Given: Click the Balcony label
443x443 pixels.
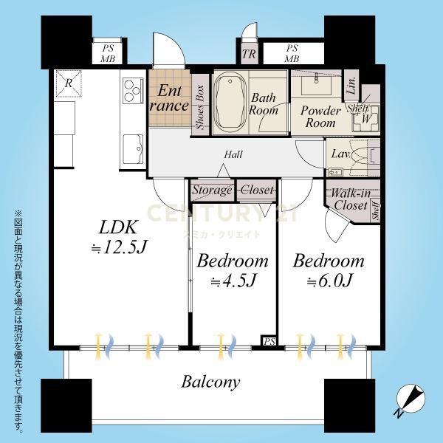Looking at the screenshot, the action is click(x=210, y=382).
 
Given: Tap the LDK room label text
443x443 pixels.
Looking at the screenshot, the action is click(x=118, y=227).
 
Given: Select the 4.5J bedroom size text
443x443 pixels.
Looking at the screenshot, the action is click(x=233, y=281).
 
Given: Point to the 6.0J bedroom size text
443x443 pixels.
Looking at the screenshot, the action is click(x=329, y=281).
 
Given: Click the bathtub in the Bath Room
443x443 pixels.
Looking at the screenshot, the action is click(x=230, y=103).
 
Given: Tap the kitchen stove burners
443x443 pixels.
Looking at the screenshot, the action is click(x=132, y=91).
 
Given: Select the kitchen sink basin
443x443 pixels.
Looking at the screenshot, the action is click(x=133, y=148).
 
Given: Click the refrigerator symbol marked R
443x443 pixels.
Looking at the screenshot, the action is click(x=69, y=83).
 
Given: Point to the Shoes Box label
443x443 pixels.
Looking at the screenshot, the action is click(x=200, y=107).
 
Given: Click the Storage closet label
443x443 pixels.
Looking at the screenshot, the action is click(x=212, y=190).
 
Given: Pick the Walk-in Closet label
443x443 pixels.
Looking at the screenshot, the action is click(x=350, y=199).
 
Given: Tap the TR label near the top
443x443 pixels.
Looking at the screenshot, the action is click(x=249, y=54).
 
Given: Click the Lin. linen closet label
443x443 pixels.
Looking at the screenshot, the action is click(x=351, y=86).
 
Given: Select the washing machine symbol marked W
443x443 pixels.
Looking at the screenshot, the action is click(x=366, y=119).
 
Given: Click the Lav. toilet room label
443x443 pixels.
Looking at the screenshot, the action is click(x=341, y=154).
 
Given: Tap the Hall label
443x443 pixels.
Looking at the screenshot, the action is click(x=233, y=154).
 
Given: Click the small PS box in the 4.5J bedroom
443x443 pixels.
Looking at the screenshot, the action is click(x=269, y=342).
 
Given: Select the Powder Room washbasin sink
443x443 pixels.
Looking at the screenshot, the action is click(x=316, y=84).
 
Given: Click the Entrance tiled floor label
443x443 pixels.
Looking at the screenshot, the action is click(x=169, y=98).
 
